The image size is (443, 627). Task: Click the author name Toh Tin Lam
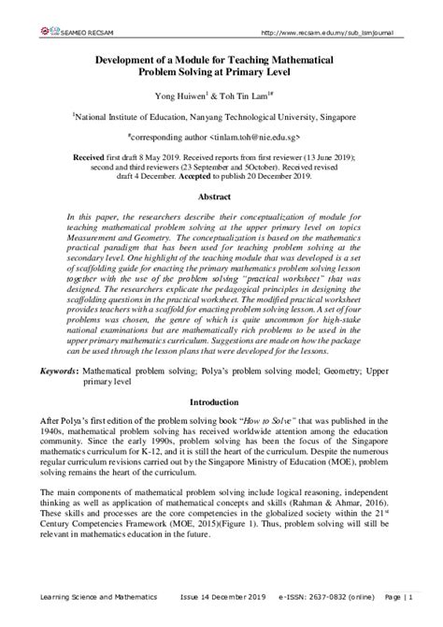[x=250, y=95]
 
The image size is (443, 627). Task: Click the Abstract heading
[x=221, y=198]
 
